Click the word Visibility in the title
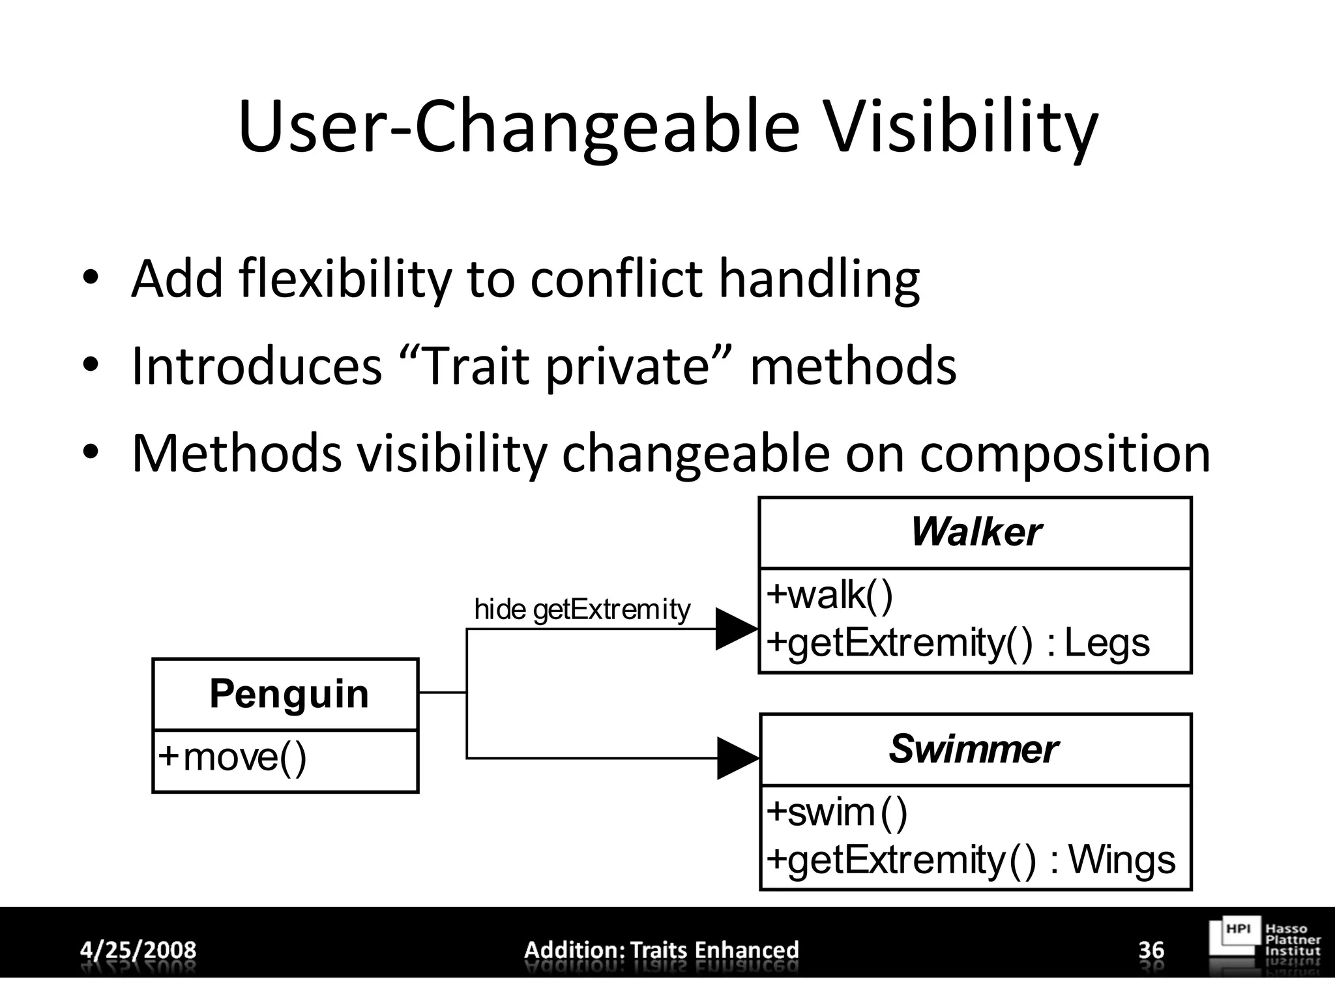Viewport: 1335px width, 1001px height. tap(961, 127)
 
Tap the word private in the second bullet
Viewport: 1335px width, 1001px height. tap(626, 366)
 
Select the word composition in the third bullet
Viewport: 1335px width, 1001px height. tap(1064, 454)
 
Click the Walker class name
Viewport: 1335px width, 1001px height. tap(975, 532)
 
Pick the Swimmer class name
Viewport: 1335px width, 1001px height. tap(973, 749)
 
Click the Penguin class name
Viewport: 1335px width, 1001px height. tap(289, 693)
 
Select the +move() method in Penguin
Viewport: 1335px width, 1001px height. tap(233, 757)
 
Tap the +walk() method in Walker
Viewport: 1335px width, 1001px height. tap(829, 594)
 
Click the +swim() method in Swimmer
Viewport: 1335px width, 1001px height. tap(837, 812)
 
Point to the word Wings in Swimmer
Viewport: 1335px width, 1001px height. tap(1122, 860)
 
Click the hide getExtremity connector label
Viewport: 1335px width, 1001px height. tap(581, 610)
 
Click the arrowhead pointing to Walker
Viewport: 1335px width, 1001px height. tap(735, 629)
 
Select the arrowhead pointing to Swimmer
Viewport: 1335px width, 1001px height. tap(737, 758)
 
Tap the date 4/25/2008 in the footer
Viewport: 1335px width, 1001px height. tap(138, 950)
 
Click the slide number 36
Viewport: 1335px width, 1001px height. tap(1151, 950)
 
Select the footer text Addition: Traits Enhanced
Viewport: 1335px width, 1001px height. tap(661, 950)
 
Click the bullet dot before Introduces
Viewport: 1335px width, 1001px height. tap(90, 365)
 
